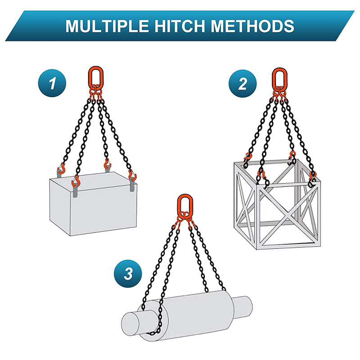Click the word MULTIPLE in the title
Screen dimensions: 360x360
pyautogui.click(x=108, y=26)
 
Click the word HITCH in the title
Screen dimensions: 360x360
pyautogui.click(x=180, y=26)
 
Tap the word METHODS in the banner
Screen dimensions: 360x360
pyautogui.click(x=252, y=26)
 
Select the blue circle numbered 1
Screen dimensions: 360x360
pyautogui.click(x=52, y=83)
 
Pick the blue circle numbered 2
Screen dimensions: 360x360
pyautogui.click(x=243, y=84)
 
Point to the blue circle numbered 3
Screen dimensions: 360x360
pyautogui.click(x=128, y=274)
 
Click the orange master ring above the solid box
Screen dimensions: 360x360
pyautogui.click(x=96, y=76)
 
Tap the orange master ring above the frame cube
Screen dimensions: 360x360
pyautogui.click(x=279, y=77)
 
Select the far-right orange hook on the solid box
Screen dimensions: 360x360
pyautogui.click(x=132, y=175)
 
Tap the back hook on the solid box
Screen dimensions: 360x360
pyautogui.click(x=107, y=164)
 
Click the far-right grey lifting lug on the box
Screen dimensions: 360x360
pyautogui.click(x=132, y=185)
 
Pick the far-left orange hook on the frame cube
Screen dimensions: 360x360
pyautogui.click(x=248, y=157)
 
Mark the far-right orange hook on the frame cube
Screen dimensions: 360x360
pyautogui.click(x=312, y=176)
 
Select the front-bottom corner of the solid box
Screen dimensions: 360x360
pyautogui.click(x=70, y=235)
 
